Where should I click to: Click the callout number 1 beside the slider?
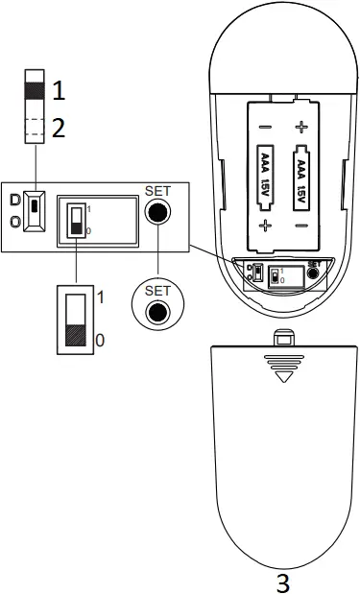click(x=60, y=91)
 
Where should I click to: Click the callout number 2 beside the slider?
click(x=60, y=128)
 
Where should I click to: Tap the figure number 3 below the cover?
click(x=282, y=581)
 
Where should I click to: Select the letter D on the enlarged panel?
click(x=14, y=201)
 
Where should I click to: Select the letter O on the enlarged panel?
click(x=14, y=221)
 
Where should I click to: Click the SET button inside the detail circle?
click(x=157, y=312)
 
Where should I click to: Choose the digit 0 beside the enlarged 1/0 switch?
click(x=101, y=339)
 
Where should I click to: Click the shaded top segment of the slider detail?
click(x=35, y=86)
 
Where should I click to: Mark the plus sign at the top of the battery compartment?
click(x=302, y=126)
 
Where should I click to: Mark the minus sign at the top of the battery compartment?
click(x=263, y=126)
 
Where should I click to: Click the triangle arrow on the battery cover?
click(x=281, y=377)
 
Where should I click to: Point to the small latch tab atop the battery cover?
click(x=281, y=338)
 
